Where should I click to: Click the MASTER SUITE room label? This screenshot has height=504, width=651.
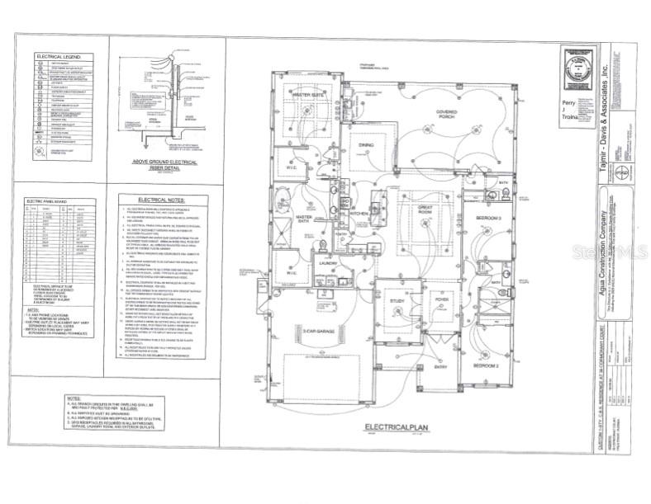[x=308, y=96]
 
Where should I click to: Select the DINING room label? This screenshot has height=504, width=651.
[x=366, y=145]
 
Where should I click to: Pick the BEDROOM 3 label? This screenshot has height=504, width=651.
[x=490, y=217]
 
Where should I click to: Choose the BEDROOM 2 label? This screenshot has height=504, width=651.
[x=487, y=364]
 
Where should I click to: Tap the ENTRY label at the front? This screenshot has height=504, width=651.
[x=443, y=367]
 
